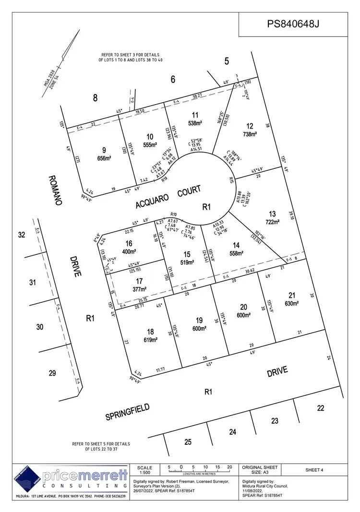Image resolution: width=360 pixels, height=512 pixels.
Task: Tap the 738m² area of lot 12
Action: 250,134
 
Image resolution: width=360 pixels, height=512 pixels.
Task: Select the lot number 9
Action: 104,149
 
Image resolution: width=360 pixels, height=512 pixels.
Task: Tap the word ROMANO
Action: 55,190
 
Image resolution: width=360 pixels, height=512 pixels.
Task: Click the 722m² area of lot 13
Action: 272,222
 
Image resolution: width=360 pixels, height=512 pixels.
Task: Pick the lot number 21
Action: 292,295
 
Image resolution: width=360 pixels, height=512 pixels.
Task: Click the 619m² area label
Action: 151,340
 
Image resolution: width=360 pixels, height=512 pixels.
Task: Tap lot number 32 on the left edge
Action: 21,235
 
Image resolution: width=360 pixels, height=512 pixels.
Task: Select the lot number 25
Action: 188,441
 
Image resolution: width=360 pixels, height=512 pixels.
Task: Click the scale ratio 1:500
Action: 144,474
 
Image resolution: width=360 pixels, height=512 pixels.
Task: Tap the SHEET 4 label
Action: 314,470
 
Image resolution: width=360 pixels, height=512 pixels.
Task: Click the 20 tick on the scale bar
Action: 229,467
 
